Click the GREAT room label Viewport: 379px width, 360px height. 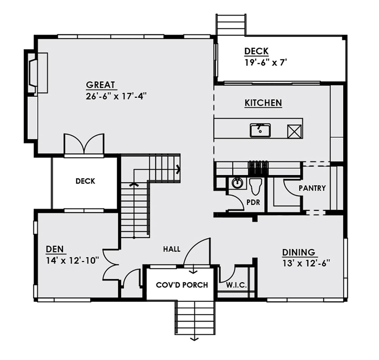100,85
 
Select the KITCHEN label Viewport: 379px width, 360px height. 263,103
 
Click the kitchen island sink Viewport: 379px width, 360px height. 260,130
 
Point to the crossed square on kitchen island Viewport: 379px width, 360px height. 294,131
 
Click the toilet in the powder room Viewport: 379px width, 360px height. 256,186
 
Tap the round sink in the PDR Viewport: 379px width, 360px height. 237,183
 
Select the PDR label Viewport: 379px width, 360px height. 253,202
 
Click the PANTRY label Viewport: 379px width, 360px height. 312,188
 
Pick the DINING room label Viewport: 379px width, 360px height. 298,252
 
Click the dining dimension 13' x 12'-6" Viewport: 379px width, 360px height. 306,263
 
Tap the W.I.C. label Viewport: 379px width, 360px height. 236,285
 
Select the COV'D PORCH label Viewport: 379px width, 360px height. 182,285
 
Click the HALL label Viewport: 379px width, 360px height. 172,249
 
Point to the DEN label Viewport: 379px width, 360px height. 55,249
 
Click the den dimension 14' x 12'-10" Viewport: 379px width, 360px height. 72,261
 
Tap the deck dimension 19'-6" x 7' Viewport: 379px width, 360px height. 266,63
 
